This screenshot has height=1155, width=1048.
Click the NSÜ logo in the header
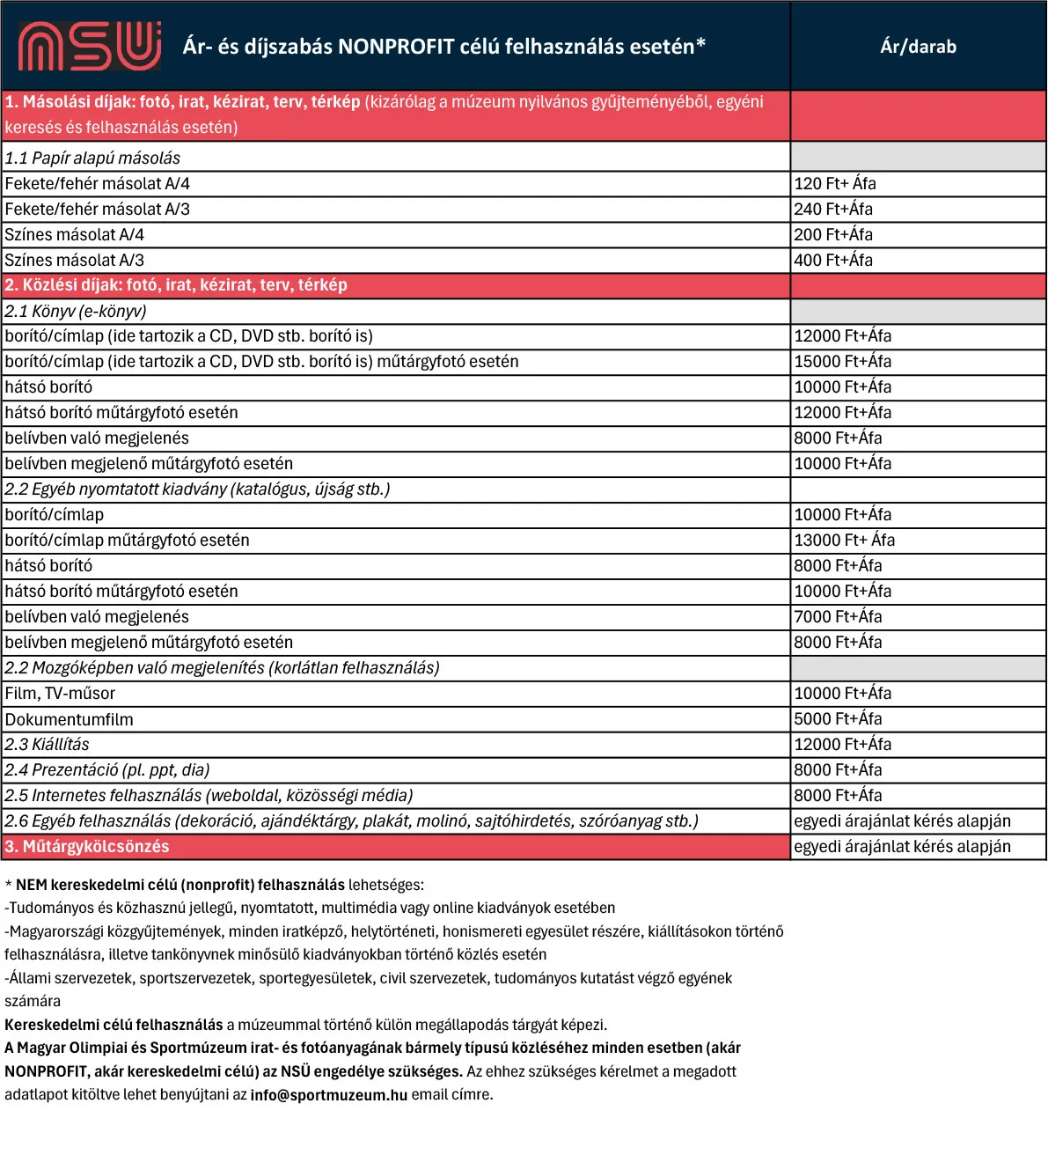coord(89,46)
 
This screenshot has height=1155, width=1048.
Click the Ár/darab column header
coord(918,47)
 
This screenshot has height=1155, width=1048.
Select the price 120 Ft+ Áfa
coord(835,184)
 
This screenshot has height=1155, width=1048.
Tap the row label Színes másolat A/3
coord(75,261)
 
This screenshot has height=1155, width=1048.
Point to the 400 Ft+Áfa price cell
coord(833,261)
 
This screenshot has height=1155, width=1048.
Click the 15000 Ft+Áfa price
coord(842,362)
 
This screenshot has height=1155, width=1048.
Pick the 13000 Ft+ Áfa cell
coord(844,541)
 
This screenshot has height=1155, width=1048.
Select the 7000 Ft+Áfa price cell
coord(838,617)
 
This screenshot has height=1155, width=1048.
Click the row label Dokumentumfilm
coord(70,720)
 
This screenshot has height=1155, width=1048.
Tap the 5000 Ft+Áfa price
coord(838,719)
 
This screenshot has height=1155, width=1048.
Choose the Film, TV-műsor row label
coord(60,694)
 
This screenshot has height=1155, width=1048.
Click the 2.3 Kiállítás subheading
coord(48,745)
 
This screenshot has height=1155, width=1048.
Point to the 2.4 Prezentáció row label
coord(107,770)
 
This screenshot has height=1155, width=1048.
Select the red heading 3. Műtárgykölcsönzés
coord(87,847)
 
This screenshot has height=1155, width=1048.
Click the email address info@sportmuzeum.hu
coord(328,1095)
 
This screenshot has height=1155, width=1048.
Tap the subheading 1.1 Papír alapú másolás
coord(92,158)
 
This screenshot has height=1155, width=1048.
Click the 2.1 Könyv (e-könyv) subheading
coord(76,312)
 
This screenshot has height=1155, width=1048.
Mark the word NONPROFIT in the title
coord(396,47)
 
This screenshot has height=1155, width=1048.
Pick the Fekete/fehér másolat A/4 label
coord(98,184)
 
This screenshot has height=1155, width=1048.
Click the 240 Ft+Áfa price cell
coord(833,210)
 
